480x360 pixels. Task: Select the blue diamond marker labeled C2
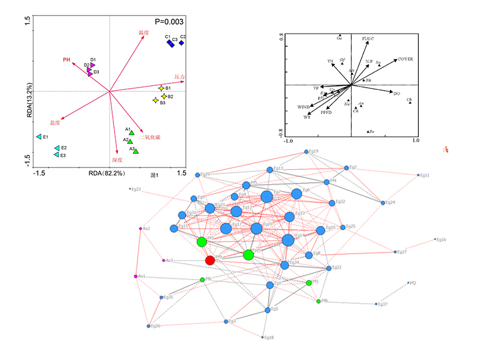coord(181,43)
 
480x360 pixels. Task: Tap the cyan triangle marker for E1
coord(38,137)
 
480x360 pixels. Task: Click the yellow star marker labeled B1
coord(161,88)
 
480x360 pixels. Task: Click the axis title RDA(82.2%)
coord(106,173)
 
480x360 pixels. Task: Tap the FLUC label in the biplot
coord(368,38)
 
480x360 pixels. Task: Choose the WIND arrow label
coord(303,107)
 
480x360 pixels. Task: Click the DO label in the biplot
coord(396,94)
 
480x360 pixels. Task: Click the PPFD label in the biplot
coord(326,112)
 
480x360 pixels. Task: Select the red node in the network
coord(210,260)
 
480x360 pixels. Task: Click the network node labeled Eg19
coord(307,152)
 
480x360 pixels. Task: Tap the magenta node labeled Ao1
coord(136,276)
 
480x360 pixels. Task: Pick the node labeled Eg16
coord(436,239)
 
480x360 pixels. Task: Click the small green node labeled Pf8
coord(319,301)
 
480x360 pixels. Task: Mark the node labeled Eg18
coord(263,337)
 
